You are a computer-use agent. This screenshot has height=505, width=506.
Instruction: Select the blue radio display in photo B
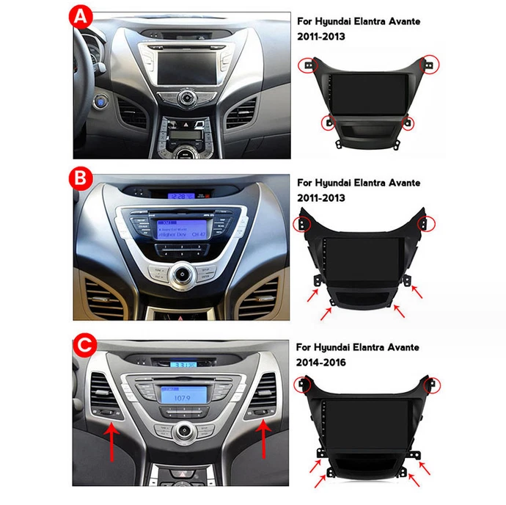[180, 227]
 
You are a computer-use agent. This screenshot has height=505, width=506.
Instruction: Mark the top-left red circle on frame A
[304, 65]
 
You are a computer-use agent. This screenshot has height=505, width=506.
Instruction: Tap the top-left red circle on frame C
[301, 384]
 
